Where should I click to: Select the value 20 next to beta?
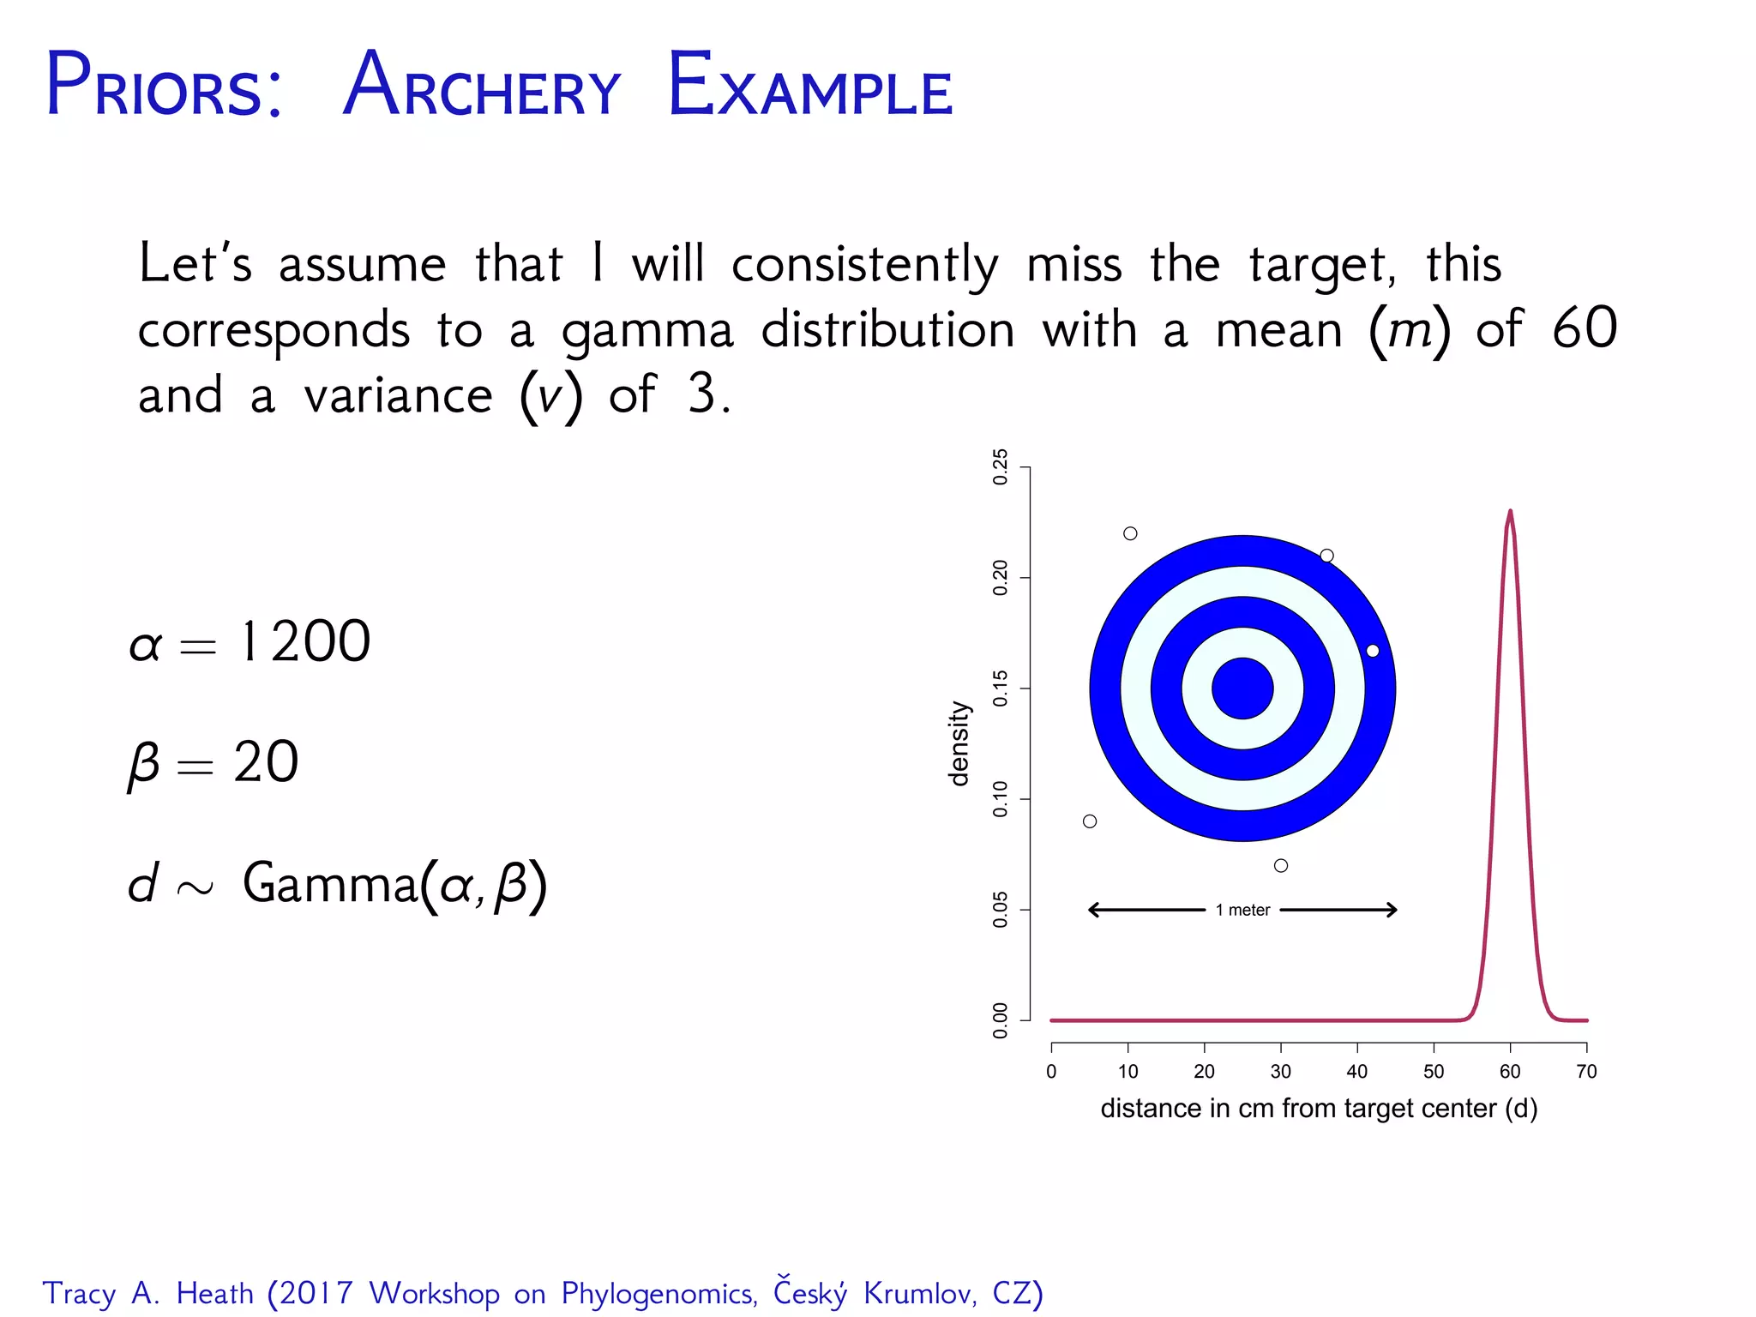click(x=266, y=761)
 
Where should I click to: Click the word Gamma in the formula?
click(x=330, y=882)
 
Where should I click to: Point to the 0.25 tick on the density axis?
click(x=1000, y=467)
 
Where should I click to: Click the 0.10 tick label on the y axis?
click(x=1000, y=798)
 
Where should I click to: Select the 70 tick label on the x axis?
click(x=1586, y=1072)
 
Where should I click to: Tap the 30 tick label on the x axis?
click(x=1280, y=1072)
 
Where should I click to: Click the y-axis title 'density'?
click(x=959, y=743)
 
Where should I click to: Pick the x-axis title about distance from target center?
click(x=1319, y=1109)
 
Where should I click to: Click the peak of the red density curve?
click(x=1510, y=513)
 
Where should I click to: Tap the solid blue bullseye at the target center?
click(x=1242, y=689)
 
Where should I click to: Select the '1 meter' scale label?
click(x=1242, y=911)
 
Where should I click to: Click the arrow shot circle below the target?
click(x=1281, y=866)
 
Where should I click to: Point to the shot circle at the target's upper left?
click(x=1130, y=533)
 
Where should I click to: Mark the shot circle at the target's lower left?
click(x=1090, y=821)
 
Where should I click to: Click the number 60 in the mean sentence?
click(x=1585, y=328)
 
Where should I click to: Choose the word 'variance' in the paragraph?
click(x=399, y=396)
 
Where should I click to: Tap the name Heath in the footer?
click(x=215, y=1294)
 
